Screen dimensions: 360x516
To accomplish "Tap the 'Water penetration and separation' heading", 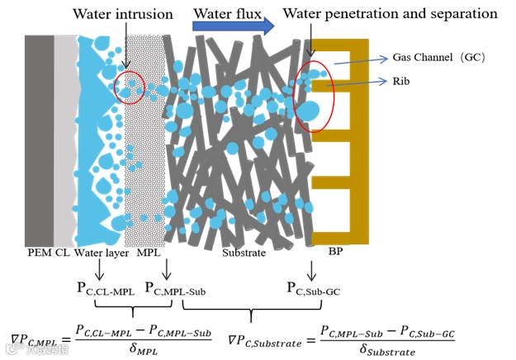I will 391,14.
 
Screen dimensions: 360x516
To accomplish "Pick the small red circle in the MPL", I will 130,88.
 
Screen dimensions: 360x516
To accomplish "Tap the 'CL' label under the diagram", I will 62,252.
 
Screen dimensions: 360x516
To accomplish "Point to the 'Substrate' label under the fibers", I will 244,252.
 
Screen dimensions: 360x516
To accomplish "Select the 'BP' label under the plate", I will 340,252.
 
